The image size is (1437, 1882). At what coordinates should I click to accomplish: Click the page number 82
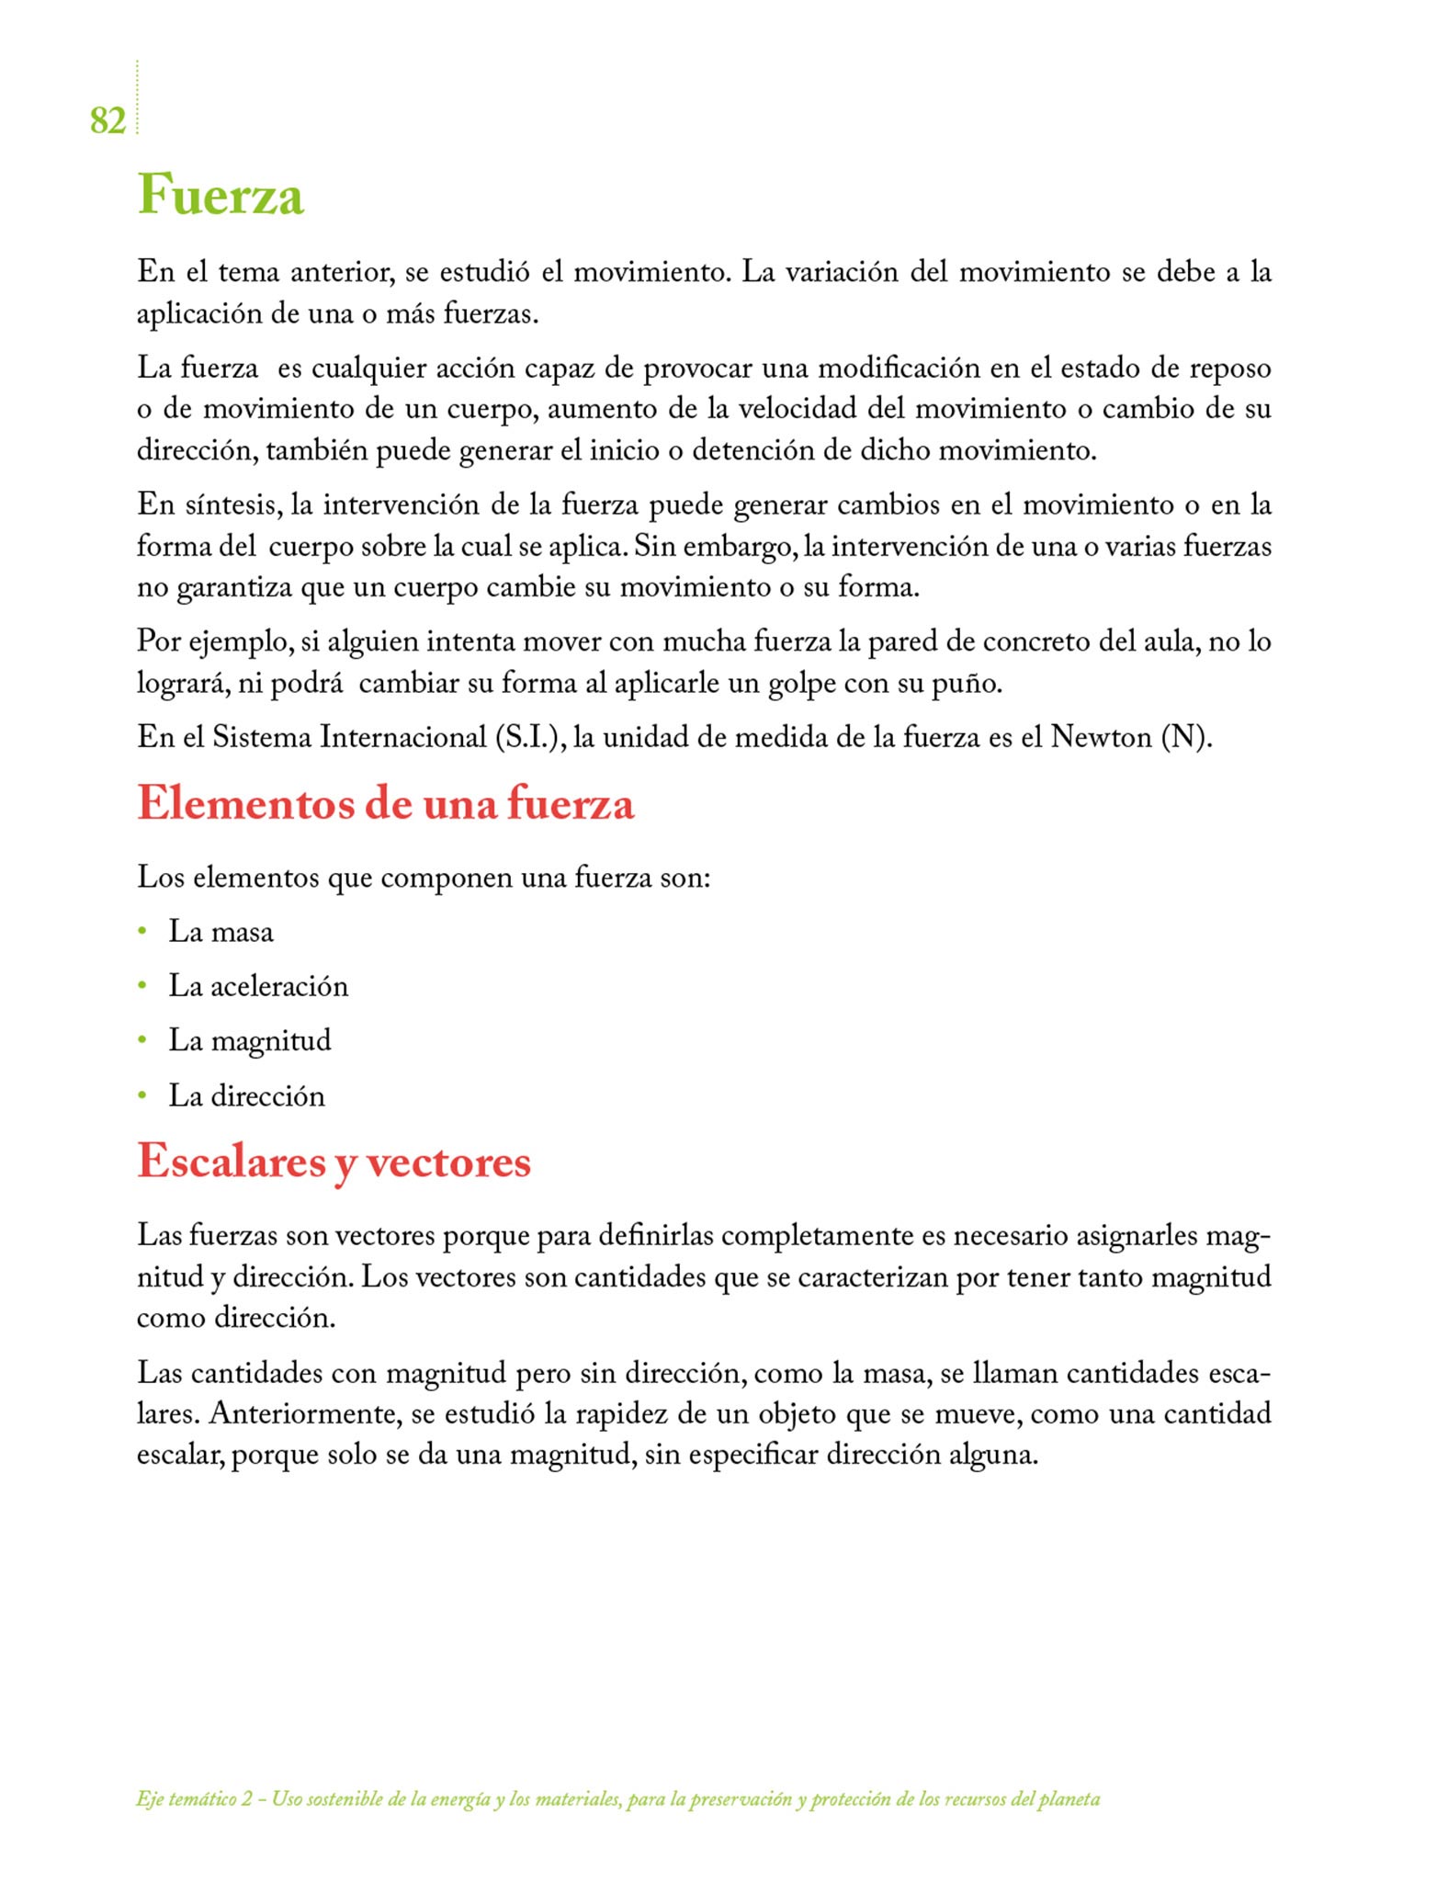(107, 120)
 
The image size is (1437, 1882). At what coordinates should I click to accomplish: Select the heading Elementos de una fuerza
(386, 803)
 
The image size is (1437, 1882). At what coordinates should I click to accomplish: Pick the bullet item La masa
(221, 932)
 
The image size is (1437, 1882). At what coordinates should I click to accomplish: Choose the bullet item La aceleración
(258, 986)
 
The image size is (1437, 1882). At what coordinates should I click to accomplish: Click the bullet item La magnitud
(249, 1040)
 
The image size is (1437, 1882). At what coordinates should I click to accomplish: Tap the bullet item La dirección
(246, 1095)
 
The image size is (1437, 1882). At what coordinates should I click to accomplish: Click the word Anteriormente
(305, 1413)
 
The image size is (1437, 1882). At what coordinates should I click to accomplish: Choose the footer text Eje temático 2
(194, 1799)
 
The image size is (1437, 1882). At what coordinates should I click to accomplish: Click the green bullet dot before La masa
(142, 931)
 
